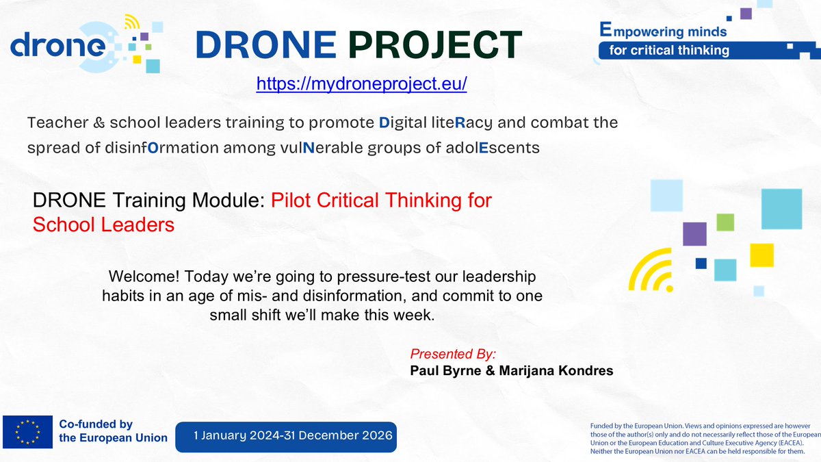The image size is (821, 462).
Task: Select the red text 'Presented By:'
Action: coord(452,354)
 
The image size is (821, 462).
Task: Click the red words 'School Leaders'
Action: coord(103,224)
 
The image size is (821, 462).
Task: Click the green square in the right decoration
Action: coord(725,222)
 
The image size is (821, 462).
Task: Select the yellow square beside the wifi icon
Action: coord(761,255)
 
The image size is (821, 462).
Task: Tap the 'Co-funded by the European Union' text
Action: coord(113,431)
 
